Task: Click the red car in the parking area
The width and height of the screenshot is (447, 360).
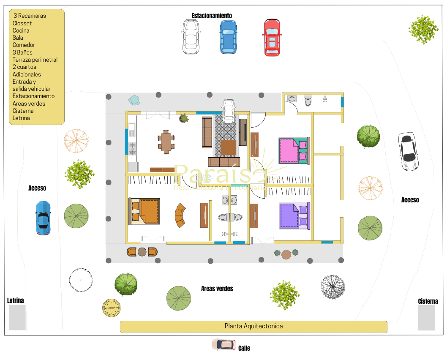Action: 272,37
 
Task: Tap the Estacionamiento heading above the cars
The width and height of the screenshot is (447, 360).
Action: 212,16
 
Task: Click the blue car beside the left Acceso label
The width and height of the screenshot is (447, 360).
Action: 43,218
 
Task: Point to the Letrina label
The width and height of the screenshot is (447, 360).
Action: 16,300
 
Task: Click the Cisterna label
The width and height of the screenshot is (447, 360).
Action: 428,301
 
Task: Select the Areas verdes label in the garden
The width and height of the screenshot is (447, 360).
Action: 217,289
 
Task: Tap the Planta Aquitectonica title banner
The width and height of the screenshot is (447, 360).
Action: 253,326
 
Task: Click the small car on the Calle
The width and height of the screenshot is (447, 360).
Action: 224,344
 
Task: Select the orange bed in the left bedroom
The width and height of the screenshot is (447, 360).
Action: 144,211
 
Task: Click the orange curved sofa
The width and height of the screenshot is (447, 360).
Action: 181,215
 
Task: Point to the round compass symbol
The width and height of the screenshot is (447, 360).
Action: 112,308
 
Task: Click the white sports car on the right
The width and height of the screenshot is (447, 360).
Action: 409,151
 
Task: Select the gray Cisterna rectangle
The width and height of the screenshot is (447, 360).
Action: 426,318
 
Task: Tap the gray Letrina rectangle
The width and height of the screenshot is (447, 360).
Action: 17,317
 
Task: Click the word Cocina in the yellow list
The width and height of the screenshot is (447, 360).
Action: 21,30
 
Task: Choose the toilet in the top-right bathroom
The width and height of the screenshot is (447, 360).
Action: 308,101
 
